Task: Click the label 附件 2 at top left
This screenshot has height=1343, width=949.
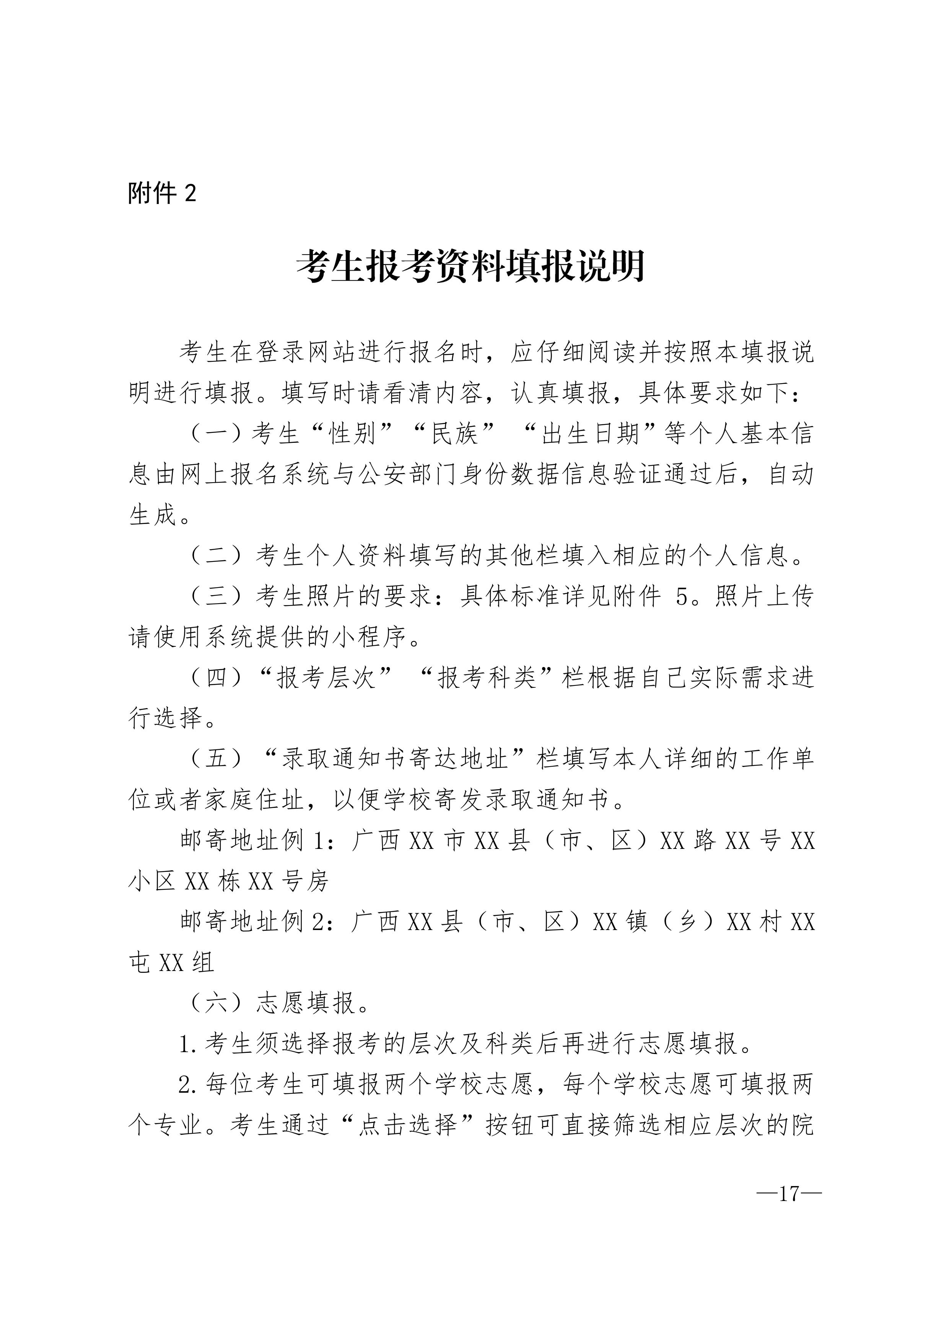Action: (x=162, y=193)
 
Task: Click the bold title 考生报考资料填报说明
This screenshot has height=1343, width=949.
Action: (x=471, y=267)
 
